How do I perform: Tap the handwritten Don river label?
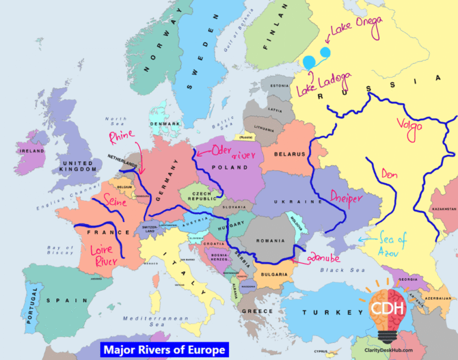pos(389,175)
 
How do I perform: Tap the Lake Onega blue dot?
pos(325,52)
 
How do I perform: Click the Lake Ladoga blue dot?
pos(310,62)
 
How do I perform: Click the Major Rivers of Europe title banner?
pos(164,349)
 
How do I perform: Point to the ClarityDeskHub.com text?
pos(389,350)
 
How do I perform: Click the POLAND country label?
pos(229,167)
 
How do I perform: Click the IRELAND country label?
pos(32,151)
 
